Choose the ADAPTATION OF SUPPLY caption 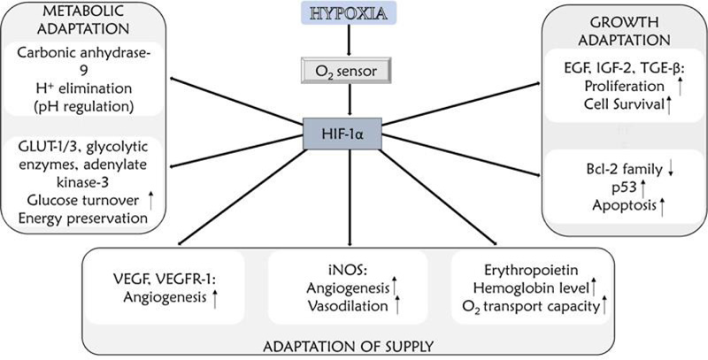tap(351, 343)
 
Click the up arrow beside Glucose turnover tap(151, 202)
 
